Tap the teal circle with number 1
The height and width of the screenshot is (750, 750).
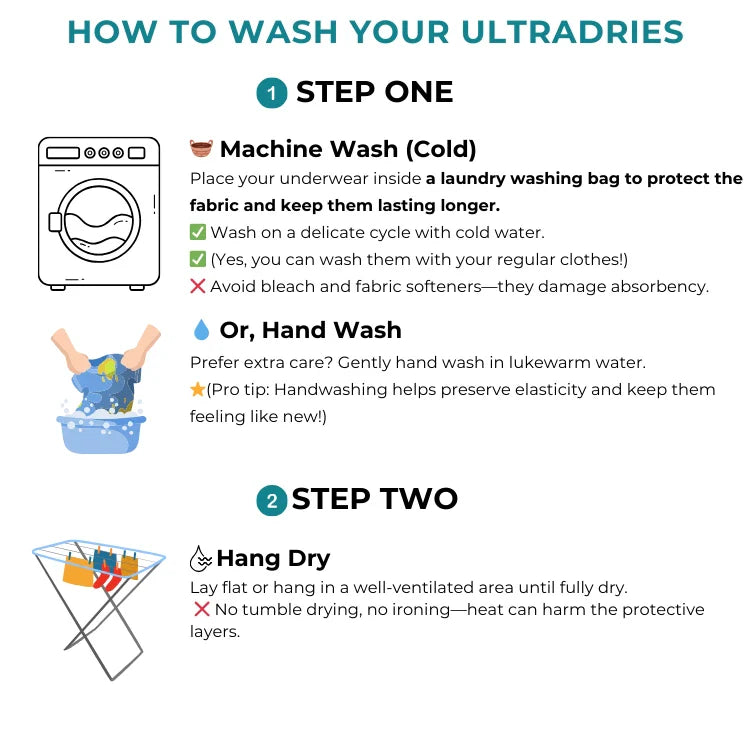point(271,94)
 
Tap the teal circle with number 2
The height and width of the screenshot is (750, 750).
point(271,499)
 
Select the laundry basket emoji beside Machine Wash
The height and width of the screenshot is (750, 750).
point(201,150)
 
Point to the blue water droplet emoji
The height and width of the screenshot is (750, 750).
point(201,330)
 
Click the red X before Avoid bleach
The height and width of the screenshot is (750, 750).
point(198,287)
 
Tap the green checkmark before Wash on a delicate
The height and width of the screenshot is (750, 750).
point(198,233)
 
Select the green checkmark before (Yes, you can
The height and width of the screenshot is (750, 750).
point(198,260)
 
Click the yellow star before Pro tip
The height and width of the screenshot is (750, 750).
point(197,390)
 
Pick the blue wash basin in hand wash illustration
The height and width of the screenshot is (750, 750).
point(100,430)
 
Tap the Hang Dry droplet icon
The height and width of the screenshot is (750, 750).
point(201,558)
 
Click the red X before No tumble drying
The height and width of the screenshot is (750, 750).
point(201,610)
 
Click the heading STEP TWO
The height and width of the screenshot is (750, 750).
point(374,499)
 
